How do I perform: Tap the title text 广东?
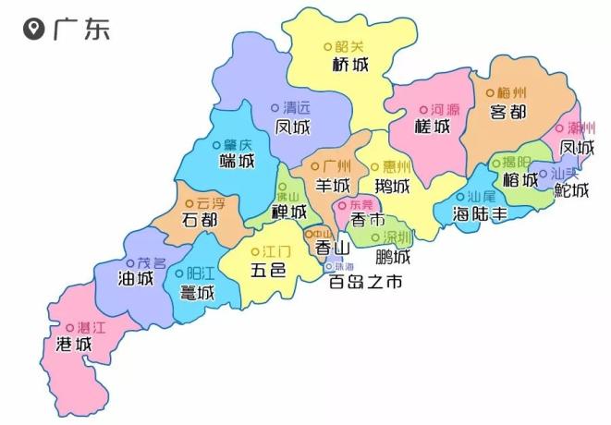click(80, 30)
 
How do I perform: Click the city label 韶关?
click(348, 45)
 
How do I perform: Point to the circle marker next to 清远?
click(275, 108)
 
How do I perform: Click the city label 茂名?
click(152, 262)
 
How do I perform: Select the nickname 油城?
click(136, 278)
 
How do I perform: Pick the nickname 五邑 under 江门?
click(268, 271)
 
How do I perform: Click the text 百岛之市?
click(367, 284)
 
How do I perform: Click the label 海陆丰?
click(480, 214)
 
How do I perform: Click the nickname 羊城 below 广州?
click(335, 185)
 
